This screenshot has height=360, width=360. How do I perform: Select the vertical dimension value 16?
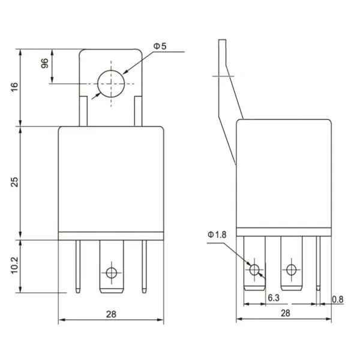[x=14, y=87]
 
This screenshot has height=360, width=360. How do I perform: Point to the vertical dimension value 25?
[x=14, y=182]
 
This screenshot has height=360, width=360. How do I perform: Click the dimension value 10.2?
[x=14, y=264]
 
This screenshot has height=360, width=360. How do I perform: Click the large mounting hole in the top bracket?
[x=110, y=83]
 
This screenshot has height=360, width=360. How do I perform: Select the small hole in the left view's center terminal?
[x=110, y=273]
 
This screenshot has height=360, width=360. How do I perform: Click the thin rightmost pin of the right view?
[x=319, y=264]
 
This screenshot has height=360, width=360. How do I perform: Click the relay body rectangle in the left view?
[x=111, y=180]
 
